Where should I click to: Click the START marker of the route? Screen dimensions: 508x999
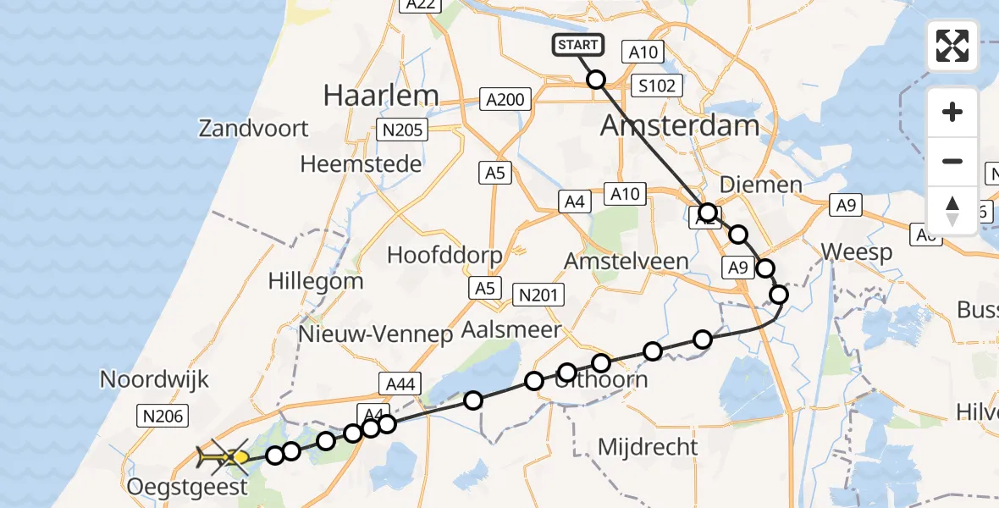coord(578,45)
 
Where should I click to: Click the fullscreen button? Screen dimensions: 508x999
coord(952,46)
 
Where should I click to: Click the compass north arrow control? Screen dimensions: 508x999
coord(952,211)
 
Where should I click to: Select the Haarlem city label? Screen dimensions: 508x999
coord(381,96)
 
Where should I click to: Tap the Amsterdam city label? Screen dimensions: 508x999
coord(680,126)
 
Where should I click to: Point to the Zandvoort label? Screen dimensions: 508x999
coord(254,130)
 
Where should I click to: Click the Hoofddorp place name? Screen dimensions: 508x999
coord(444,255)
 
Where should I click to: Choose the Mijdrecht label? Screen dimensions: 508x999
coord(648,446)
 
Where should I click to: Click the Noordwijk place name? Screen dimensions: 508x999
coord(154,378)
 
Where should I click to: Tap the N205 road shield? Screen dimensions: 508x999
coord(402,130)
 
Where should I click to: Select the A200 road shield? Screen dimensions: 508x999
coord(505,100)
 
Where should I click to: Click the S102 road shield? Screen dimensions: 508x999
coord(657,86)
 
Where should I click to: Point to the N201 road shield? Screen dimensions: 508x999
coord(538,295)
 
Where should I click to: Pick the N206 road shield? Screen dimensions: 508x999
coord(163,415)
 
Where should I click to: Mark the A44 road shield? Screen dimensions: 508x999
coord(400,384)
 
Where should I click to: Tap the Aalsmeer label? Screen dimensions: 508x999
coord(513,329)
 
